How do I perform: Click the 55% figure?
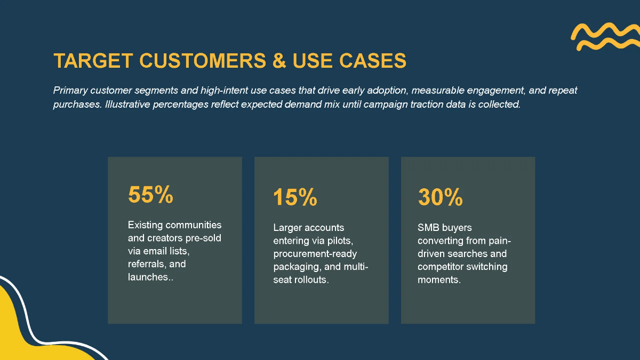coord(150,195)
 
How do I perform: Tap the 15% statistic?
coord(295,198)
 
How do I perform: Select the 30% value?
coord(440,198)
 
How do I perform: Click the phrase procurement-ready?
coord(315,254)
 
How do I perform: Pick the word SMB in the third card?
coord(428,228)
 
